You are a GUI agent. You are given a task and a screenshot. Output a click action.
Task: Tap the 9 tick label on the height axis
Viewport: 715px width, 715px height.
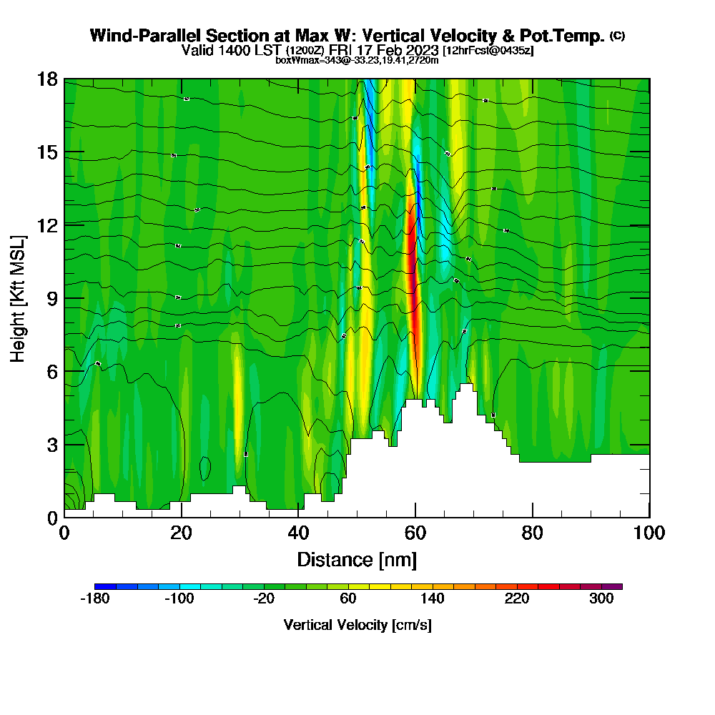point(51,298)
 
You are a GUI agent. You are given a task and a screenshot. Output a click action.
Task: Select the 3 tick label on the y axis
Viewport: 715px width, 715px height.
point(51,444)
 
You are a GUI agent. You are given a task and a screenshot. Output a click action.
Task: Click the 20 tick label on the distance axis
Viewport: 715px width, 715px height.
point(182,533)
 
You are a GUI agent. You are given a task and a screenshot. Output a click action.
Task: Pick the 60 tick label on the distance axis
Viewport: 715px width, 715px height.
point(415,533)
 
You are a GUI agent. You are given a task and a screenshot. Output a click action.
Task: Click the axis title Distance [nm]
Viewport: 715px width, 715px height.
point(357,559)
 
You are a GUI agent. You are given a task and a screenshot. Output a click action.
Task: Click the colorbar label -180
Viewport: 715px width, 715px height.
point(95,599)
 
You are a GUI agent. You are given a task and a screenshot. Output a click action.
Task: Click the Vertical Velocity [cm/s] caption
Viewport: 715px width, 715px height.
point(357,625)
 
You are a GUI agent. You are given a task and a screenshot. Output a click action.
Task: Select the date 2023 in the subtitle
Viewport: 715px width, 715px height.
point(420,50)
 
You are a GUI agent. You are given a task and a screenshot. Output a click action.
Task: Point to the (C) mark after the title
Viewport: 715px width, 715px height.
point(617,36)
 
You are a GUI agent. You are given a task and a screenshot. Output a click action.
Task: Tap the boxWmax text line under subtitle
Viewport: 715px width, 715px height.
point(357,60)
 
